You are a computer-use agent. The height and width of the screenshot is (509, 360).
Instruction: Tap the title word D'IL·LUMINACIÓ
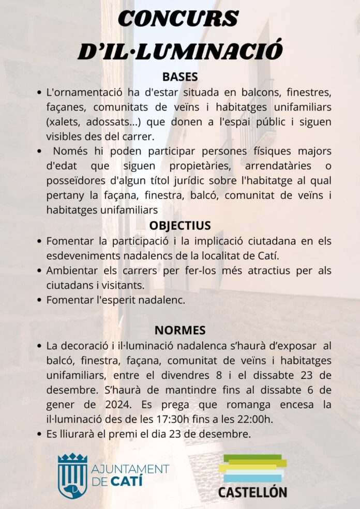pyautogui.click(x=180, y=50)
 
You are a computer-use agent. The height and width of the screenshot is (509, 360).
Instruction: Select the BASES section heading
pyautogui.click(x=180, y=76)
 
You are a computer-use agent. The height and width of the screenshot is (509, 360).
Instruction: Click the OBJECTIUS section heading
pyautogui.click(x=180, y=225)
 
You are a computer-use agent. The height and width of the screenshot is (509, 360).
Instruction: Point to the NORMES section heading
pyautogui.click(x=180, y=330)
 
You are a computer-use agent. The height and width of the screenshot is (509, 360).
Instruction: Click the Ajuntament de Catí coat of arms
pyautogui.click(x=72, y=475)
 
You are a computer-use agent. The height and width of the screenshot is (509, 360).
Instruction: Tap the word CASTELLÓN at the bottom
pyautogui.click(x=252, y=491)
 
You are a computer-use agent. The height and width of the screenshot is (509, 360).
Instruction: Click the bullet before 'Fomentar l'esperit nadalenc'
pyautogui.click(x=40, y=300)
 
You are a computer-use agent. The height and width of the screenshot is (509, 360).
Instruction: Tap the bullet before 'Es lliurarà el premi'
pyautogui.click(x=40, y=435)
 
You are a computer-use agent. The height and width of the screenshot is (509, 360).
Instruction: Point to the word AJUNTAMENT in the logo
pyautogui.click(x=130, y=469)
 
